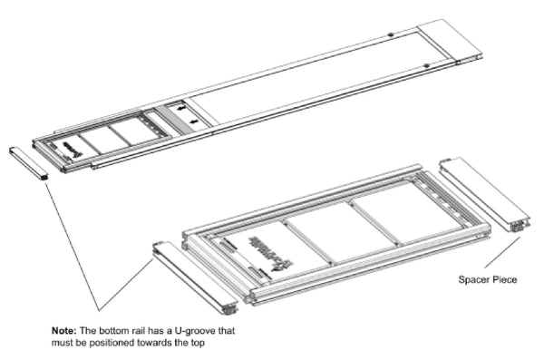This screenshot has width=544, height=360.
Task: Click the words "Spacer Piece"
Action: pyautogui.click(x=488, y=280)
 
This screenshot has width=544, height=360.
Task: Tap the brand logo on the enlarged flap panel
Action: pyautogui.click(x=267, y=244)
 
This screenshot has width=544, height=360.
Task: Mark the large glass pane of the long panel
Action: pyautogui.click(x=290, y=82)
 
